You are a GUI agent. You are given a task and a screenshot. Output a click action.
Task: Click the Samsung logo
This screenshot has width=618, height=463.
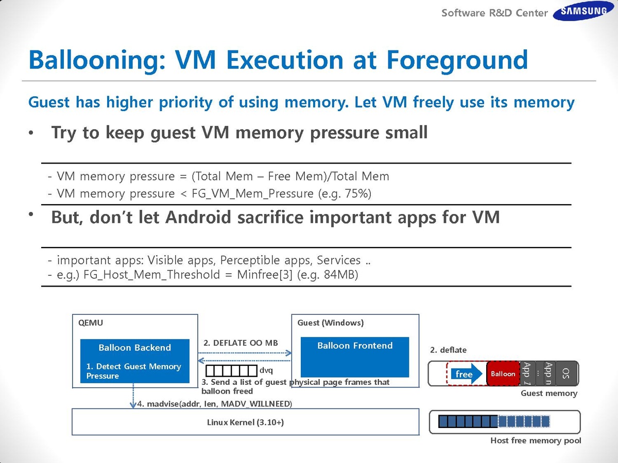pos(579,11)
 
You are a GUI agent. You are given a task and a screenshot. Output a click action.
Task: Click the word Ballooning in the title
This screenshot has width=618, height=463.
pos(93,60)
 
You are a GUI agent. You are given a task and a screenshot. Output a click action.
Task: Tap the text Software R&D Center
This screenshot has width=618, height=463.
pos(494,13)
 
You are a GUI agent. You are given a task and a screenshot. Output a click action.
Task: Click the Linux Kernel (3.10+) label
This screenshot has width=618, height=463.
pos(245,422)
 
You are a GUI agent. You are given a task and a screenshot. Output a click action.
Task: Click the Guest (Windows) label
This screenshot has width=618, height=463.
pos(331,323)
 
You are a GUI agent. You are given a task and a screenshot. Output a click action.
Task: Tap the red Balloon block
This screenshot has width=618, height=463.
pos(503,373)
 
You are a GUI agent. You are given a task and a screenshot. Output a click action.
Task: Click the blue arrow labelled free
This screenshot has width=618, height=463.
pos(465,374)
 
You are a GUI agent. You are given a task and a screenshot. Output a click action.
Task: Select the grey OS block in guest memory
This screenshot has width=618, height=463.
pos(566,373)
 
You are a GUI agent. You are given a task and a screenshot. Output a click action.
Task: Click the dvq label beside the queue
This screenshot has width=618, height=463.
pos(266,370)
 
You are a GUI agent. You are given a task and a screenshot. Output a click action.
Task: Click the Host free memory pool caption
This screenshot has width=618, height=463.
pos(536,440)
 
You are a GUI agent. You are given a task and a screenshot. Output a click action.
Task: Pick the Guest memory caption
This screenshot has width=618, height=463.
pos(549,393)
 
